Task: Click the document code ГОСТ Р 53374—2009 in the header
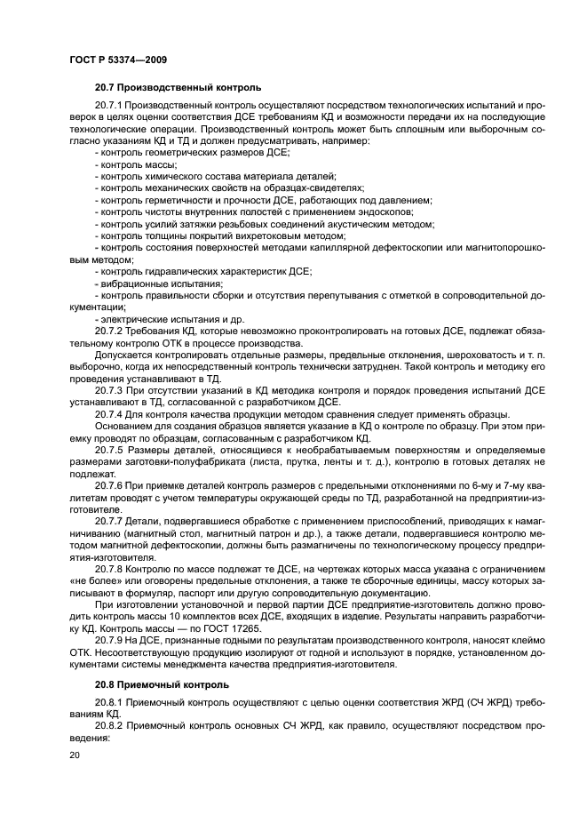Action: point(118,59)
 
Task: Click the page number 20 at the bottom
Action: point(75,754)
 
